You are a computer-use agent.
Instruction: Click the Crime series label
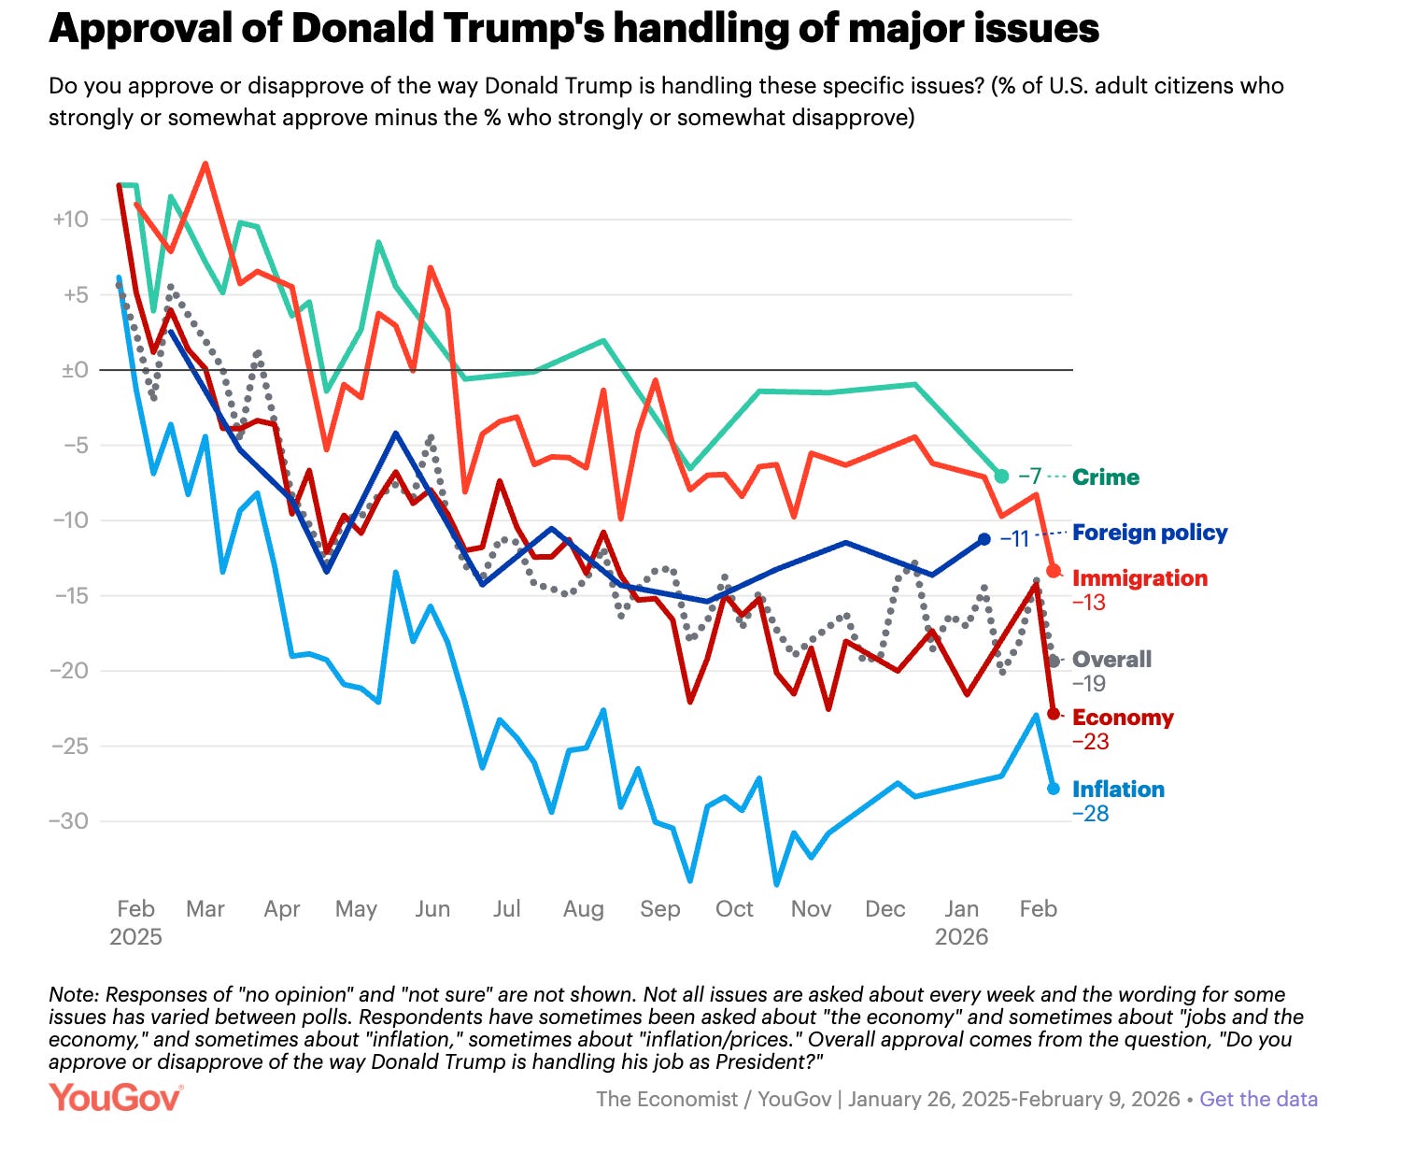[1106, 477]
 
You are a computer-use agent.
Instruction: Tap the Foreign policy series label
[1150, 533]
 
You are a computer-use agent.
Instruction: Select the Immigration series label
[1139, 578]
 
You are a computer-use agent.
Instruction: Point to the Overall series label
[1111, 660]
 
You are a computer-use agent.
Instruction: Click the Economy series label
[1123, 718]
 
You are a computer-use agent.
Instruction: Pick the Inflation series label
[1118, 790]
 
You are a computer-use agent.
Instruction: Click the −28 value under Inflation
[1090, 814]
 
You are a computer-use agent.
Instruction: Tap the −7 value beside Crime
[1029, 477]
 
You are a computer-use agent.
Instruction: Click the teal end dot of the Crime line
[1001, 477]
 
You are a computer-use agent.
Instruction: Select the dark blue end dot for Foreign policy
[984, 539]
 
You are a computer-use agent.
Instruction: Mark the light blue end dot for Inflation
[1054, 789]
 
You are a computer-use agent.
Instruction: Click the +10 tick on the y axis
[70, 220]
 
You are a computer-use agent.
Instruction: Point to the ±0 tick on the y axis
[74, 370]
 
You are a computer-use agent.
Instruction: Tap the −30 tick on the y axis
[70, 821]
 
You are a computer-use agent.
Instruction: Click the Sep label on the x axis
[659, 909]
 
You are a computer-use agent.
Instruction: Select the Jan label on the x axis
[961, 909]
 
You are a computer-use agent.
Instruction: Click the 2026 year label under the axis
[961, 937]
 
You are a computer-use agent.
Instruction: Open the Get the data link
[1258, 1099]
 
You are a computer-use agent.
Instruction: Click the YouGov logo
[116, 1098]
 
